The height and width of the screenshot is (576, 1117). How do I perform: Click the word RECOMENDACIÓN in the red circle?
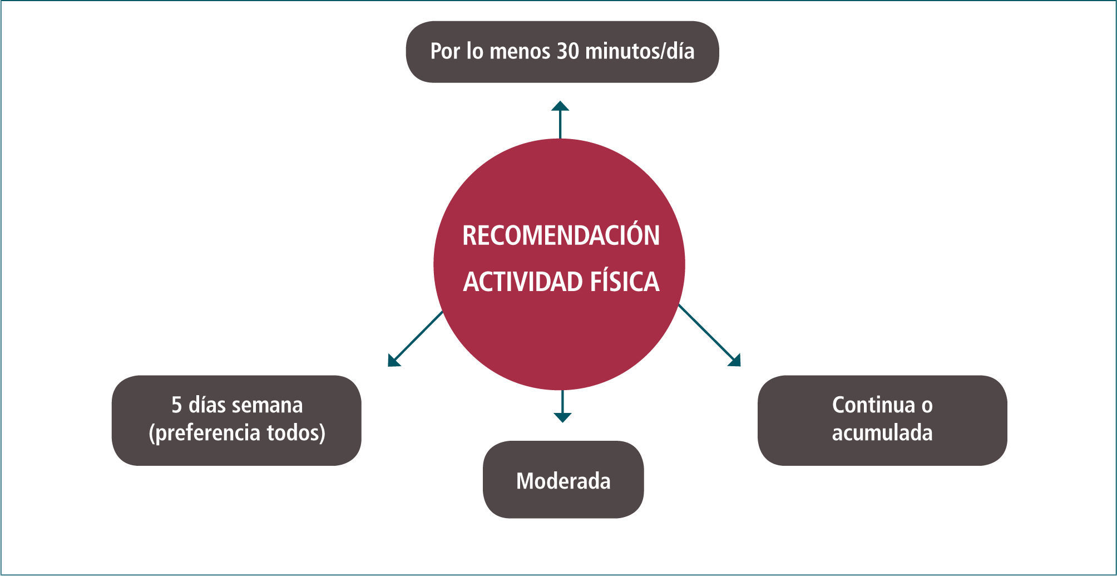[x=561, y=235]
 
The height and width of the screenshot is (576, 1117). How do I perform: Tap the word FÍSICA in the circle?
[x=624, y=282]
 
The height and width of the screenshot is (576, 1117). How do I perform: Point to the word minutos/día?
[x=640, y=51]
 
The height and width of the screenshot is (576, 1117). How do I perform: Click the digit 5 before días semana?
[x=176, y=405]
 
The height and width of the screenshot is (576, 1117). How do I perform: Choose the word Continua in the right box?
[x=873, y=405]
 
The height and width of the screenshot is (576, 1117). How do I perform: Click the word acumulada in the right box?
[x=882, y=433]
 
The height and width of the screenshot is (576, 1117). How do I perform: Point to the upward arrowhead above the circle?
[x=560, y=106]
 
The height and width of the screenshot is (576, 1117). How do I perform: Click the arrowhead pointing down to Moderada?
[x=562, y=417]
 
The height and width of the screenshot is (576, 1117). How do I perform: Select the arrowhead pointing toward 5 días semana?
[x=393, y=361]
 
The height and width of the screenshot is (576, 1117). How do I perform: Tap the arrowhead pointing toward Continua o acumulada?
[x=735, y=361]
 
